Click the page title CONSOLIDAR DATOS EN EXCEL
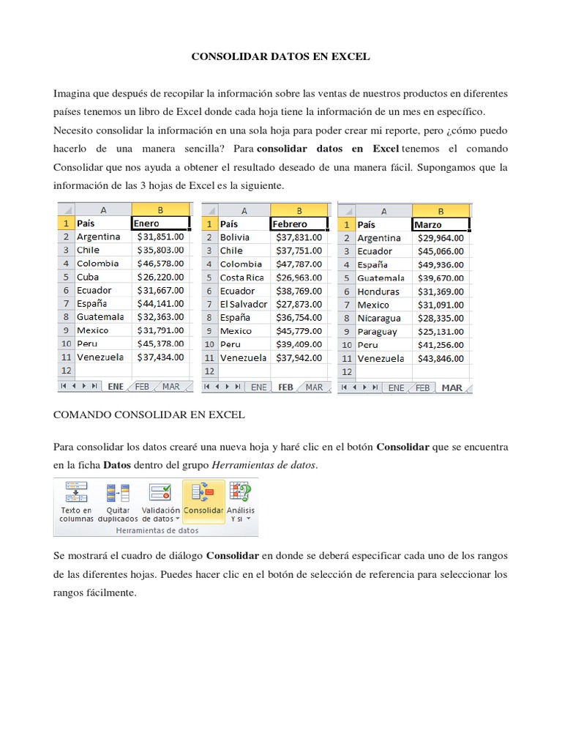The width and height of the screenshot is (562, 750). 281,56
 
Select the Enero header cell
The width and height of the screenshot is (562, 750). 161,223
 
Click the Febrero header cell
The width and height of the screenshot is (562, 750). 299,224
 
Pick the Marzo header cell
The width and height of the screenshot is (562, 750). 441,225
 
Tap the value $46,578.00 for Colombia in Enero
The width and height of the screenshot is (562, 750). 161,263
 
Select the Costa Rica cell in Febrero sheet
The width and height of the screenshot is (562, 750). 242,278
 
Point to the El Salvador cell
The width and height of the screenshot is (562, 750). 244,304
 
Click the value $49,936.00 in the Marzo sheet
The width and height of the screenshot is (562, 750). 441,264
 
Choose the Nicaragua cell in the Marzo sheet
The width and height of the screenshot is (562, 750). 379,318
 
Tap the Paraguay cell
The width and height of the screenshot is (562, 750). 378,331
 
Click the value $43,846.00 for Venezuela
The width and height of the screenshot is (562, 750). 441,358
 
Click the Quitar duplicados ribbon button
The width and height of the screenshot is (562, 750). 118,500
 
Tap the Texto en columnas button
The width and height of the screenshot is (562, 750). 76,500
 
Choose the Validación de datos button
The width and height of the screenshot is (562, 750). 160,500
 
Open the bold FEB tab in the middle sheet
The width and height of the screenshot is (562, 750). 285,387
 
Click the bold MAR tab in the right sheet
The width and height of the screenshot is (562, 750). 452,387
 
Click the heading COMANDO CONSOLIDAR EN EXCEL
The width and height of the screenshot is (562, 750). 149,415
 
